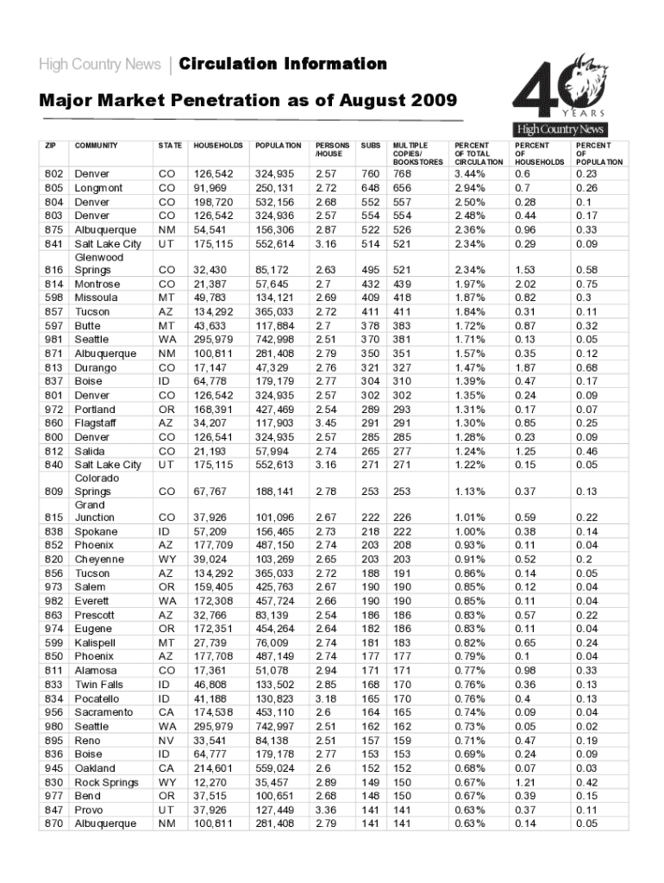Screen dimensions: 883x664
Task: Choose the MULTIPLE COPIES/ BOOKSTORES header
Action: (x=417, y=153)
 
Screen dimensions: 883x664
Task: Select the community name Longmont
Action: (x=98, y=187)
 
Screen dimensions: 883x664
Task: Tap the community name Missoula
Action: (x=97, y=297)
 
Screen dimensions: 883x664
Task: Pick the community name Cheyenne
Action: (x=99, y=560)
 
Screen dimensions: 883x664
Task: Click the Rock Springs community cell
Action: (x=106, y=782)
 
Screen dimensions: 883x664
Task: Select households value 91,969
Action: (x=212, y=187)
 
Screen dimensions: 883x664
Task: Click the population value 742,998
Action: (x=274, y=340)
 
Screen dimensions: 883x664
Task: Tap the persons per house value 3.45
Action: (x=325, y=423)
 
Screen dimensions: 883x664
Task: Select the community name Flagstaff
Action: (x=97, y=423)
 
